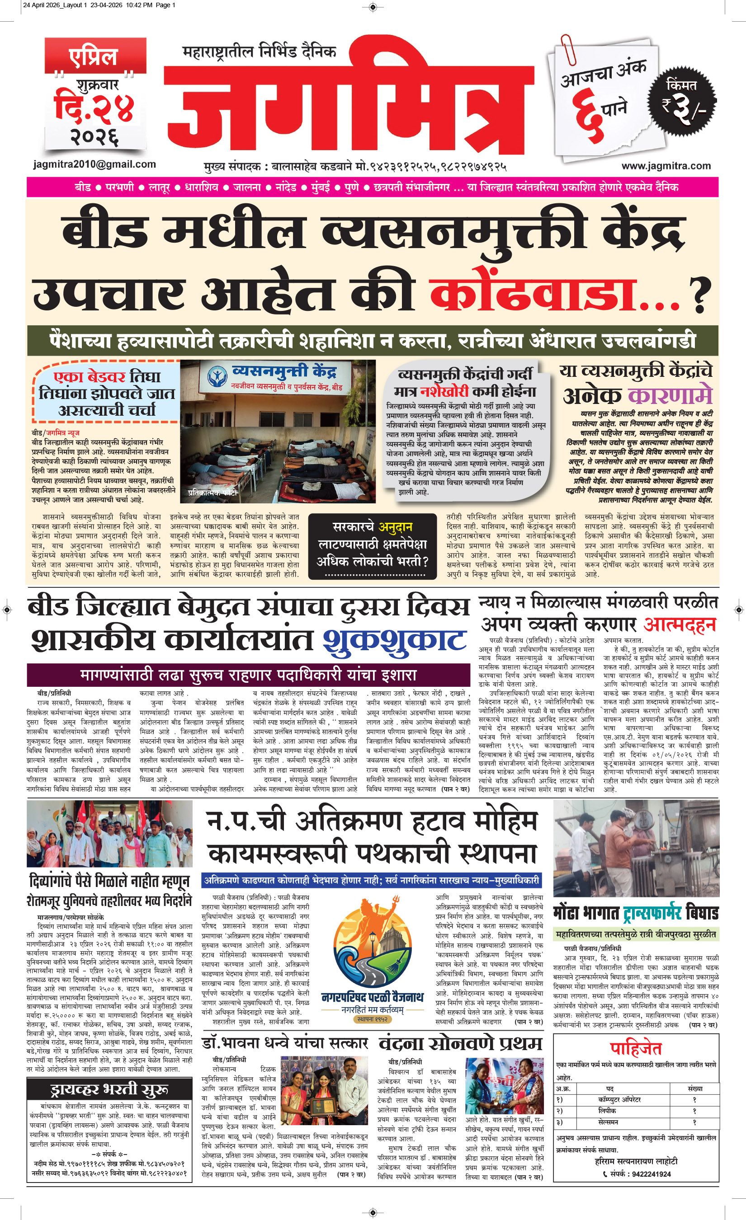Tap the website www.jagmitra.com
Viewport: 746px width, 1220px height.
click(x=666, y=166)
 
